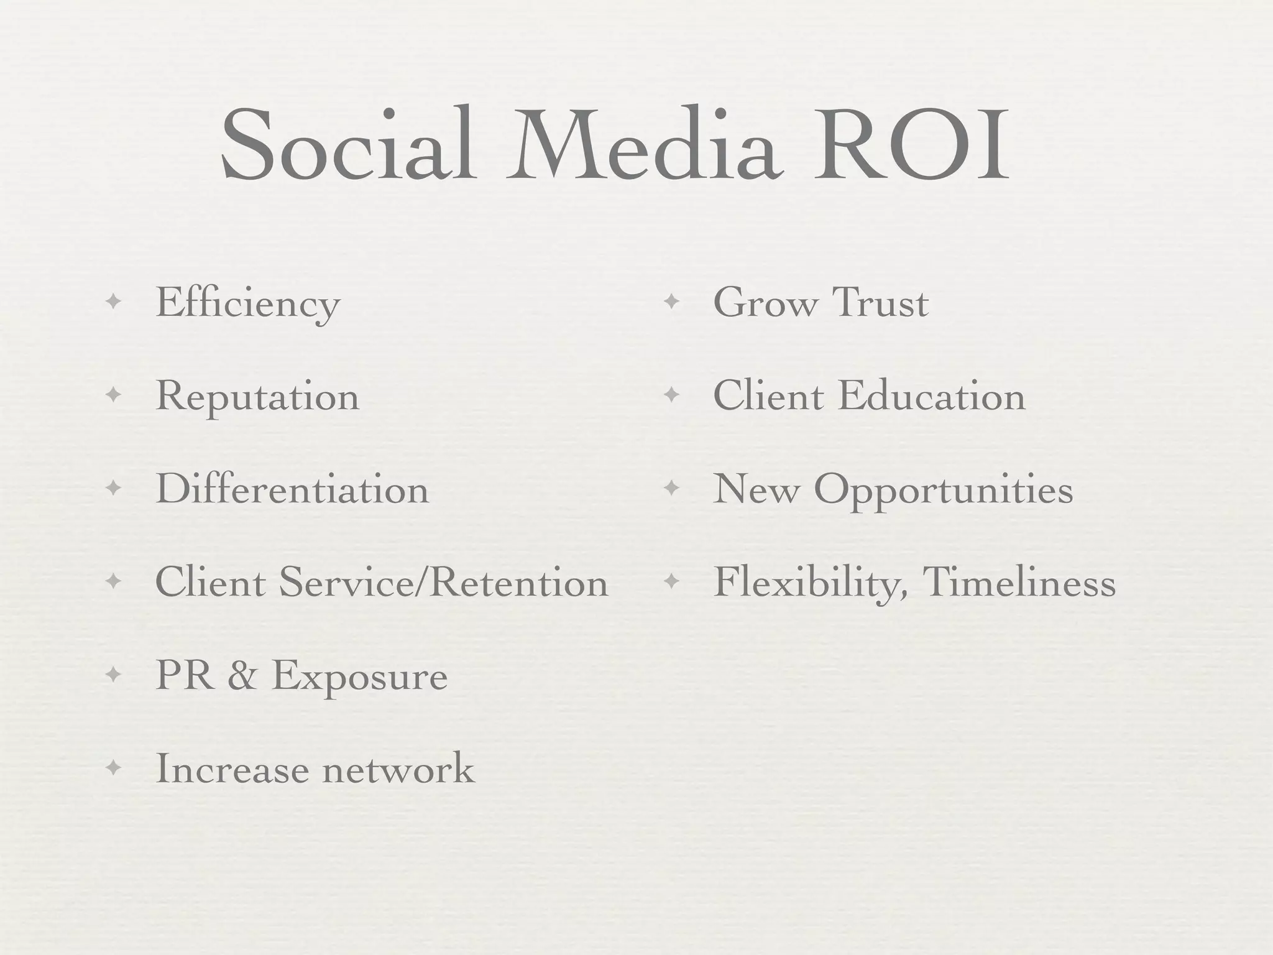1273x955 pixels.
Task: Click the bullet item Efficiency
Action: click(247, 304)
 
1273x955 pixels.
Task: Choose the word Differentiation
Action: click(292, 490)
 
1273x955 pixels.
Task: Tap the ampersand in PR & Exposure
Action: click(242, 676)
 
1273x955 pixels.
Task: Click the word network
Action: click(398, 769)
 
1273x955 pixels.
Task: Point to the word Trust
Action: click(880, 303)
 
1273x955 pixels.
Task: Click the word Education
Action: click(931, 397)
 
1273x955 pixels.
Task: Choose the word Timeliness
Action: click(1019, 583)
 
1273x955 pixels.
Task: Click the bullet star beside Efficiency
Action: click(113, 303)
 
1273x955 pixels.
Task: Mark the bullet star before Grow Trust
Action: click(671, 303)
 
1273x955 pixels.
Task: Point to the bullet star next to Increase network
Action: click(113, 768)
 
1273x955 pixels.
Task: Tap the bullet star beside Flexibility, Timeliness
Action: click(671, 582)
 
